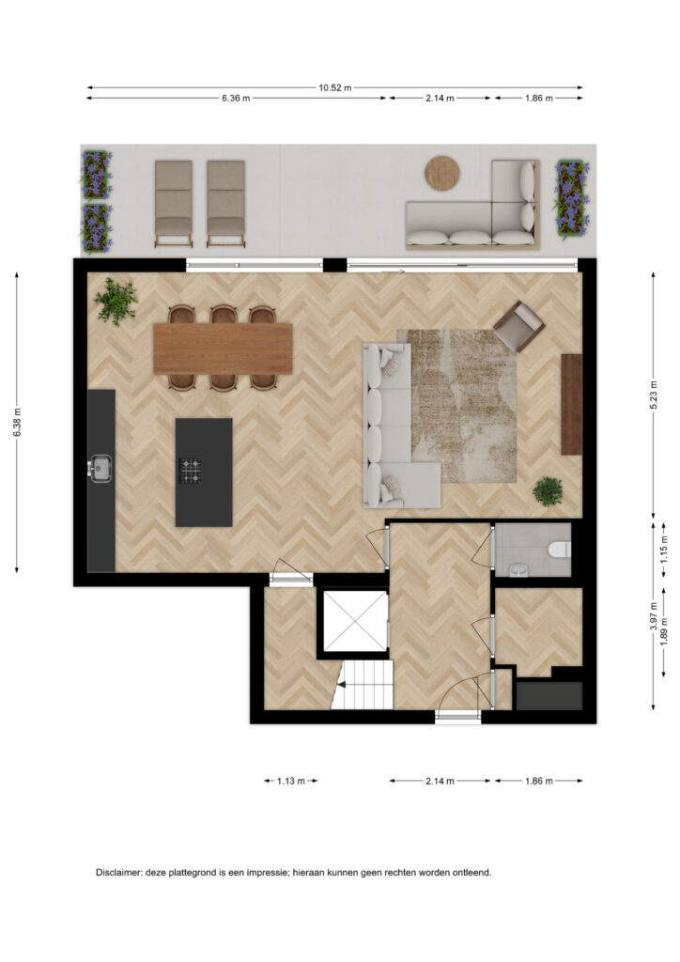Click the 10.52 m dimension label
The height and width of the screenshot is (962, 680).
pyautogui.click(x=334, y=87)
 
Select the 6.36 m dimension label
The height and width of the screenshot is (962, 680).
pyautogui.click(x=236, y=98)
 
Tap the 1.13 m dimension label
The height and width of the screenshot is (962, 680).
pyautogui.click(x=290, y=781)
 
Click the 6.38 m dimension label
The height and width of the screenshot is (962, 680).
pyautogui.click(x=17, y=423)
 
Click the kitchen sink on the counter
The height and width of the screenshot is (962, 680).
pyautogui.click(x=100, y=469)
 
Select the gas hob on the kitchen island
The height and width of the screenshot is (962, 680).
pyautogui.click(x=190, y=471)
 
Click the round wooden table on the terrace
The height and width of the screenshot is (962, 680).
pyautogui.click(x=442, y=173)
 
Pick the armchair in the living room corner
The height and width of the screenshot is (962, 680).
pyautogui.click(x=518, y=326)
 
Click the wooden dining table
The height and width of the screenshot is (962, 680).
pyautogui.click(x=223, y=349)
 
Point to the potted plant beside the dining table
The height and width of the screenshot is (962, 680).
pyautogui.click(x=116, y=301)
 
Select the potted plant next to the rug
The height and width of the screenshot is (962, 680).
pyautogui.click(x=548, y=491)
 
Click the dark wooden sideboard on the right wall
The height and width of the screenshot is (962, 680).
pyautogui.click(x=571, y=404)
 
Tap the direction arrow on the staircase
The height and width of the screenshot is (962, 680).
pyautogui.click(x=342, y=684)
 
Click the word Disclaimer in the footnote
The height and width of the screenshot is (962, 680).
pyautogui.click(x=118, y=873)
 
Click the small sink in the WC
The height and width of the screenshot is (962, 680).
pyautogui.click(x=519, y=571)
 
